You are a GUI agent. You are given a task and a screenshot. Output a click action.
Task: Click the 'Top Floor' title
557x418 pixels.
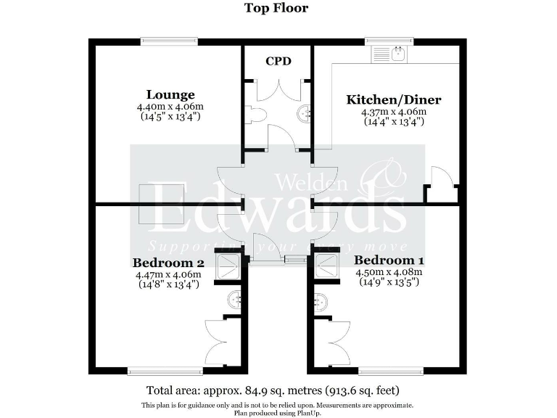tap(276, 9)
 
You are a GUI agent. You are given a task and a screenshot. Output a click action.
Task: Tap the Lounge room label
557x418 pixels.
tap(170, 94)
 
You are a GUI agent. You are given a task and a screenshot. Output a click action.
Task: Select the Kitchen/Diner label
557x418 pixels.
tap(393, 99)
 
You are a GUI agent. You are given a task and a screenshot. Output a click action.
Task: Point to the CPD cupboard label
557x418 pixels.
tap(278, 61)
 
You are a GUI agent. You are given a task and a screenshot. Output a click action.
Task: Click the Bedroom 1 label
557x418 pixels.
tap(389, 260)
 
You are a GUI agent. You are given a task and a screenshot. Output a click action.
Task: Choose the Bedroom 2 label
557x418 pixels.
tap(168, 263)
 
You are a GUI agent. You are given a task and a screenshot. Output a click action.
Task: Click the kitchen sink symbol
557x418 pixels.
tap(391, 53)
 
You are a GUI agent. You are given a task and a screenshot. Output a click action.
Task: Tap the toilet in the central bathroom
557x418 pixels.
tap(253, 113)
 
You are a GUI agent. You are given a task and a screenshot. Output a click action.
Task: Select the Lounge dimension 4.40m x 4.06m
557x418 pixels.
tap(170, 107)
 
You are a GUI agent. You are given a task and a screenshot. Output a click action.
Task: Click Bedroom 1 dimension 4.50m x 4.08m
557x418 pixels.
tap(389, 272)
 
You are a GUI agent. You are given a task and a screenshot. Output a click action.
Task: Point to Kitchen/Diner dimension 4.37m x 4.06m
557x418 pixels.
tap(393, 112)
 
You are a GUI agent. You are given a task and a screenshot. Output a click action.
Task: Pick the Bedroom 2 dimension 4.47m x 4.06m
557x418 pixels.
tap(168, 275)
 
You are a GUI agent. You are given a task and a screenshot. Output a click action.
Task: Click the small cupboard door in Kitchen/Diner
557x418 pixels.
tap(442, 179)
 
